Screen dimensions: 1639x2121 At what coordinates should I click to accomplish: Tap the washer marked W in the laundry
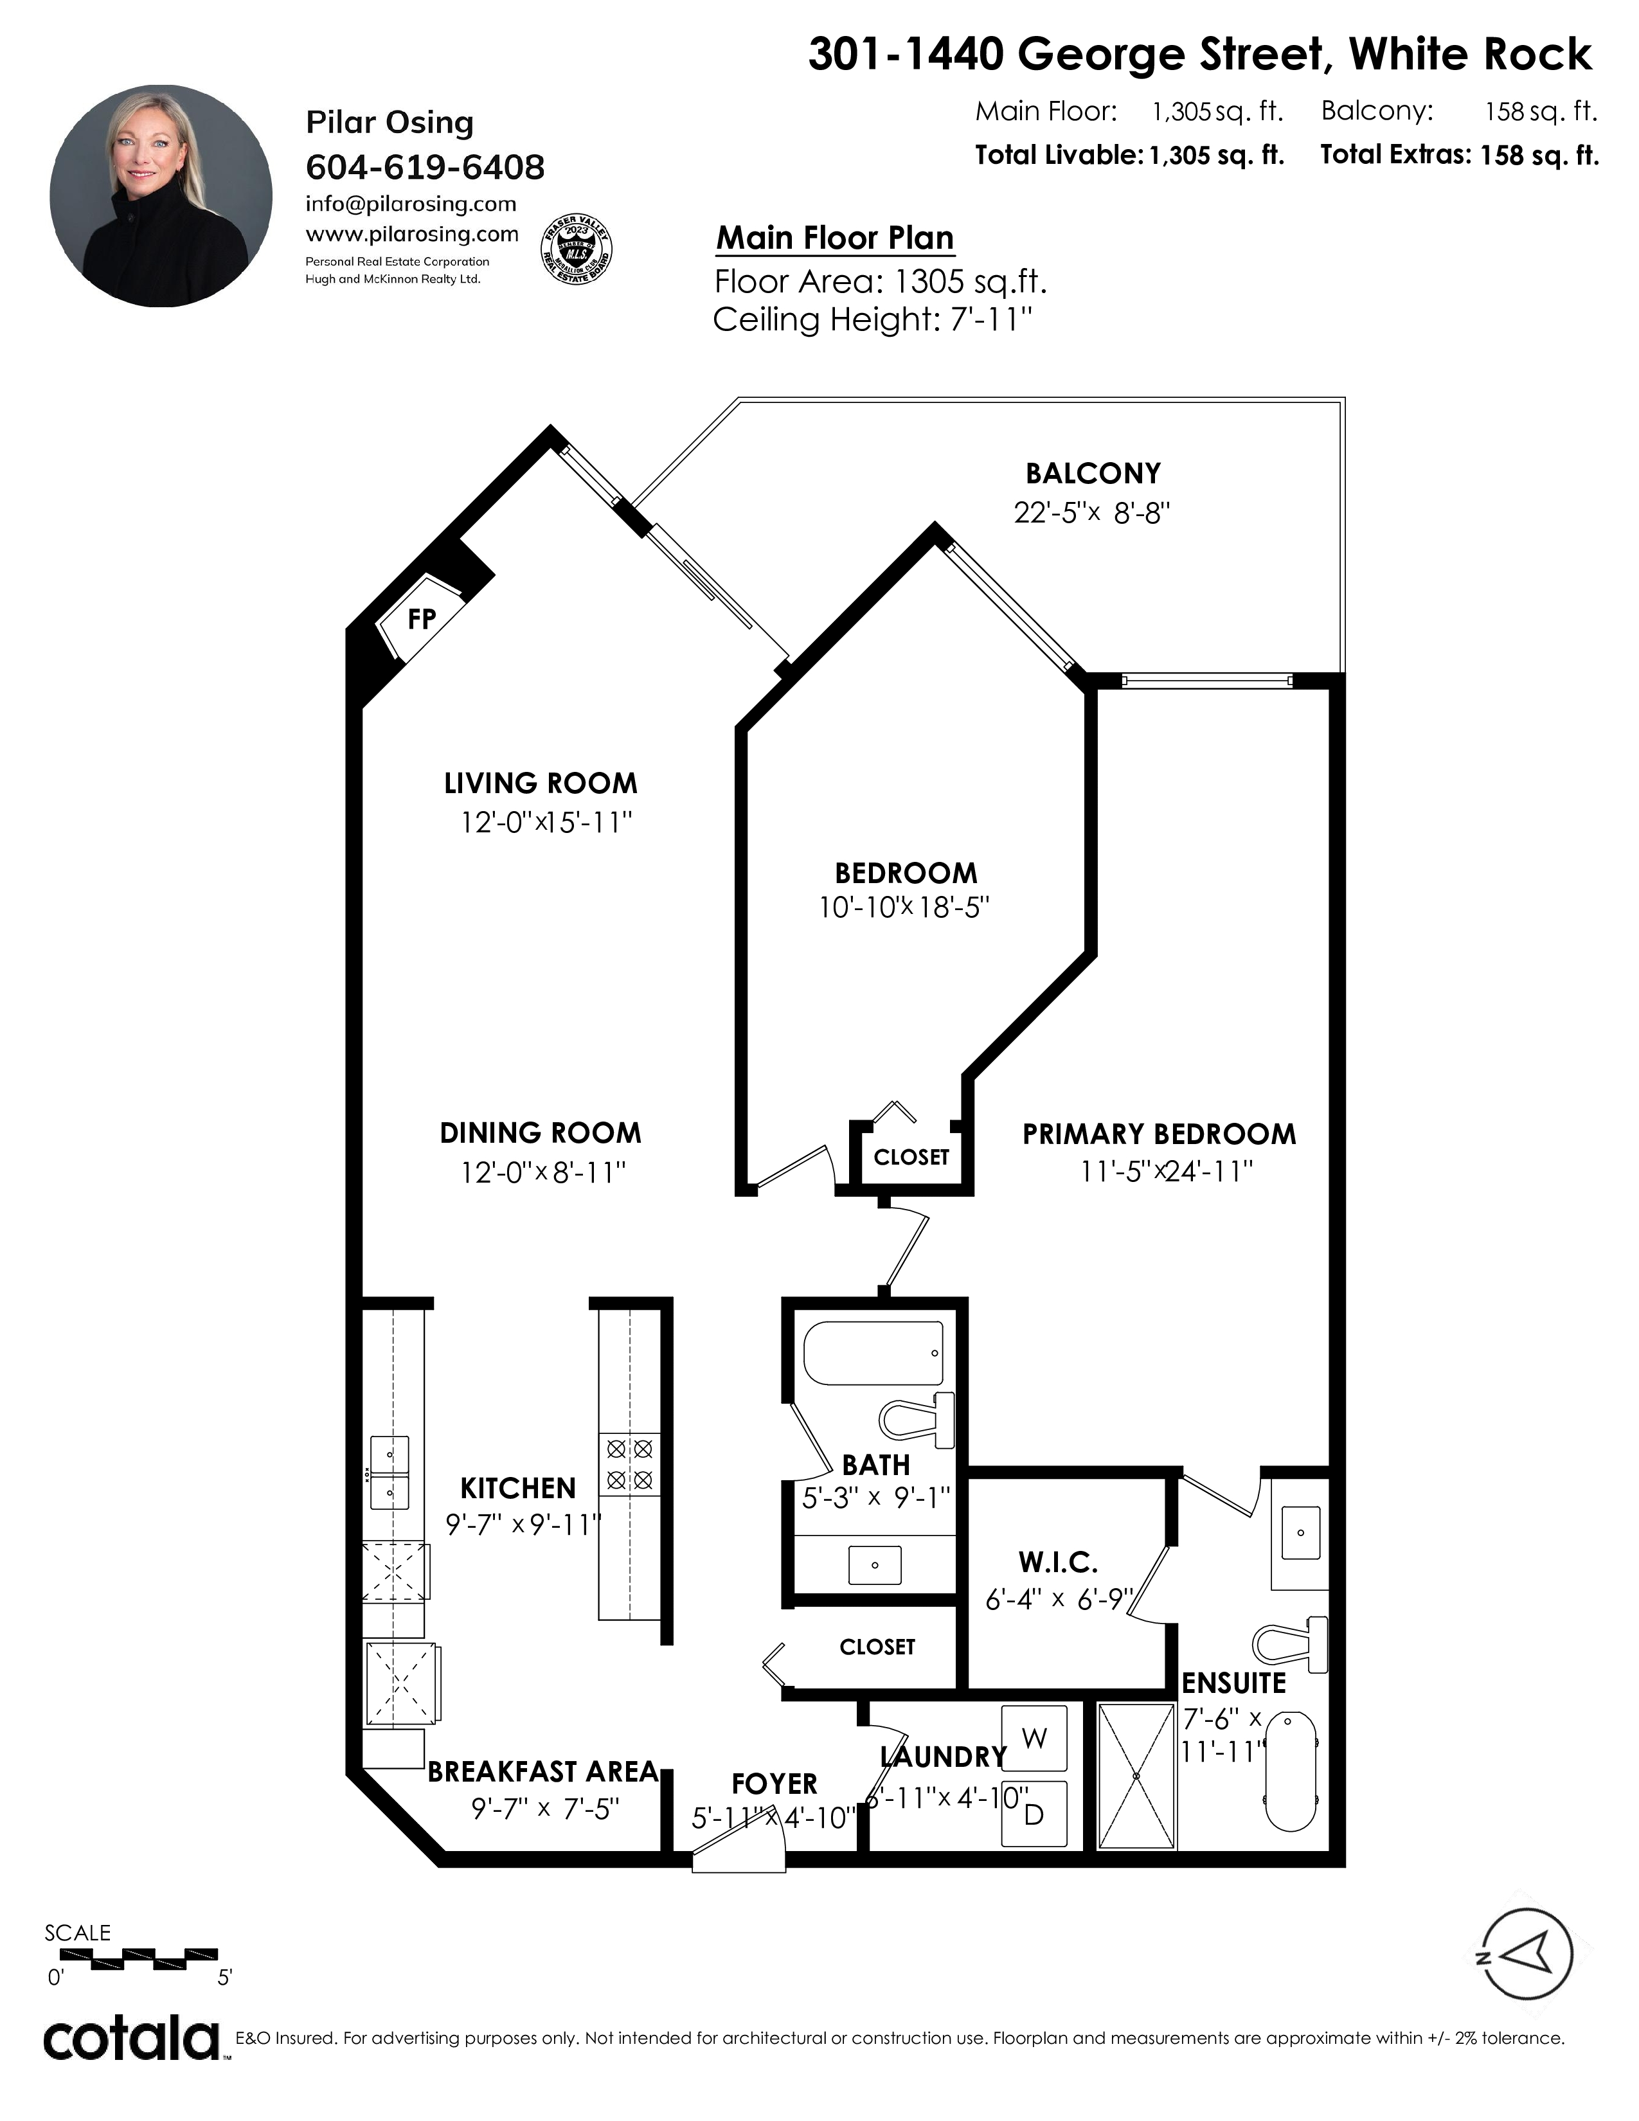(1034, 1739)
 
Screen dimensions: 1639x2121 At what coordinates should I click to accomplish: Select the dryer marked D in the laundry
(1034, 1813)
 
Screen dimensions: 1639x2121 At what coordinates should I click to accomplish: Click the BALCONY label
(1093, 473)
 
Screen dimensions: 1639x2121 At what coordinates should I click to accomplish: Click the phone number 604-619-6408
(425, 167)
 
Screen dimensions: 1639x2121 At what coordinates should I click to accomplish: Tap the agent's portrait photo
(161, 195)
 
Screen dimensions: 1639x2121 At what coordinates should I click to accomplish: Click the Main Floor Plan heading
(835, 238)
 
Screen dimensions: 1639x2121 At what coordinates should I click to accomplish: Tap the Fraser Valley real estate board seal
(576, 249)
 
